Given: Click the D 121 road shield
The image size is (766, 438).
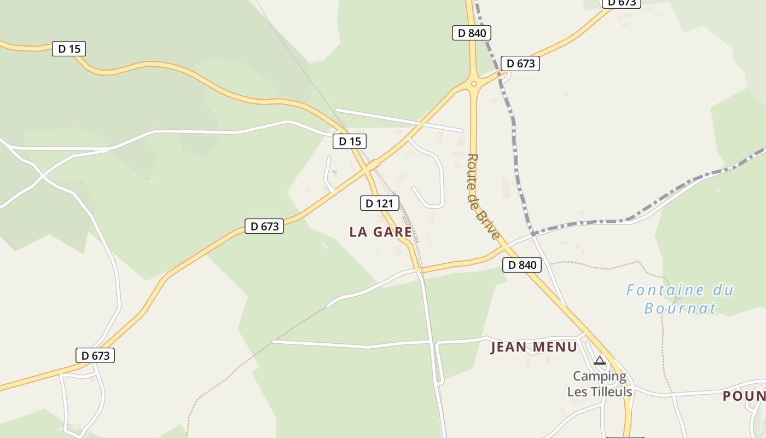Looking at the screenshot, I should coord(379,204).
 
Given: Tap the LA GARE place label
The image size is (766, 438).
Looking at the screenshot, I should coord(380,232).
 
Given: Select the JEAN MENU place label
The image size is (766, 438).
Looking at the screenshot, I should coord(533,347).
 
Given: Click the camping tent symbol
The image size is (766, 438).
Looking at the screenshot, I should coord(600,360).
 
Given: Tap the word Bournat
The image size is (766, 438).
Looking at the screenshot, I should coord(680,308).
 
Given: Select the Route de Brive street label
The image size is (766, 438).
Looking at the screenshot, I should coord(483,197).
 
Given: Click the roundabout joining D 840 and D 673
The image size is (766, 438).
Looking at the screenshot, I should coord(473,84).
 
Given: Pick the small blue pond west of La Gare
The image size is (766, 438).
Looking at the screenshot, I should coord(334,172).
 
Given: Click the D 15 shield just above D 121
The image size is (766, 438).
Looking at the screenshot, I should coord(350,142).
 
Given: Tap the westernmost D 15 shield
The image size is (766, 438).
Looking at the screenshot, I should coord(69,49).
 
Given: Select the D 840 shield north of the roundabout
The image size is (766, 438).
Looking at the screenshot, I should coord(472,33).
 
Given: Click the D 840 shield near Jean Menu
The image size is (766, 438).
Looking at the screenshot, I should coord(522,266).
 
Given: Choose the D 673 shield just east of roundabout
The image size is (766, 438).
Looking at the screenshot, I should coord(520,64).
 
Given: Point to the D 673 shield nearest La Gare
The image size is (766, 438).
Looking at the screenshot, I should coord(264,226).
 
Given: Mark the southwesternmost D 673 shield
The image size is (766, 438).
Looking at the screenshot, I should coord(96,356).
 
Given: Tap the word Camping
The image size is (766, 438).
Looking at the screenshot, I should coord(599,376).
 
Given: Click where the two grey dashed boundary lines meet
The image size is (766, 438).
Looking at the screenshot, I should coord(532,234).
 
